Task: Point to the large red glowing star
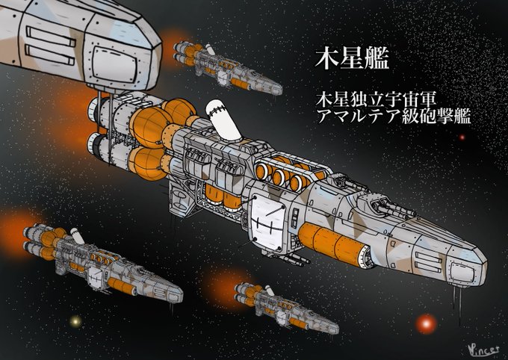427,323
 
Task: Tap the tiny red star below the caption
462,137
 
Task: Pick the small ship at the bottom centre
288,306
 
